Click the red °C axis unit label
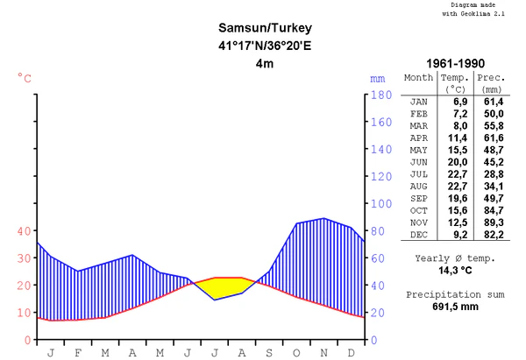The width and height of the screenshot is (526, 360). click(x=25, y=78)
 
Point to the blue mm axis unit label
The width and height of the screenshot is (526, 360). click(x=378, y=78)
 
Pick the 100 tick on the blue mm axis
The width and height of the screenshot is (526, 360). click(x=379, y=203)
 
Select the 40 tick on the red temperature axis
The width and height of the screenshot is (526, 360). click(x=22, y=230)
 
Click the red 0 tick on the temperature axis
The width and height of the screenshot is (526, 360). click(x=27, y=339)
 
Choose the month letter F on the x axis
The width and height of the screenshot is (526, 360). click(x=78, y=352)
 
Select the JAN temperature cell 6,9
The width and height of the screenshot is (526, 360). click(x=457, y=102)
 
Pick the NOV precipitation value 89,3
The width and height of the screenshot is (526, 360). click(x=491, y=222)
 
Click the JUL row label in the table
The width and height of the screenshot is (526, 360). click(x=419, y=174)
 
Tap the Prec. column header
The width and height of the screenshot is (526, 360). click(x=491, y=77)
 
